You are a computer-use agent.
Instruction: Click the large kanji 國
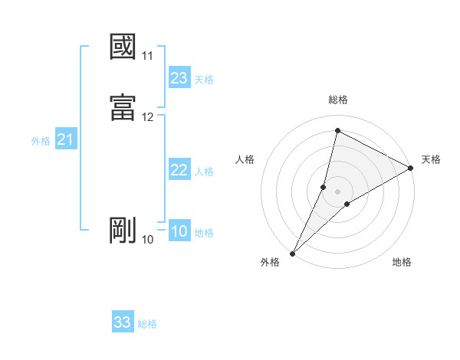click(x=123, y=47)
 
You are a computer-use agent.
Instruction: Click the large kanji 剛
click(x=123, y=230)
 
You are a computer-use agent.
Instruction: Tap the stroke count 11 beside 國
click(x=148, y=56)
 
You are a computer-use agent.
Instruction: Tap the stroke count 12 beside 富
click(x=148, y=117)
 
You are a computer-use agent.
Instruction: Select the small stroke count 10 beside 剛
click(x=148, y=240)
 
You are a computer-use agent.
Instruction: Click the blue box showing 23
click(x=179, y=78)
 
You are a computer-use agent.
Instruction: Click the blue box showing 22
click(x=179, y=170)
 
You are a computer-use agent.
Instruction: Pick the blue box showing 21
click(x=65, y=139)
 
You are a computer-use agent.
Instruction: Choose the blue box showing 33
click(x=123, y=322)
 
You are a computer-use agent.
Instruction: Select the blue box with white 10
click(x=179, y=231)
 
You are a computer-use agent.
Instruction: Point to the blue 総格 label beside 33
click(x=147, y=324)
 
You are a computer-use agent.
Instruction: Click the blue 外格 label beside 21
click(x=41, y=141)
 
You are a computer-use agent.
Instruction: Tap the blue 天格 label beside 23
click(x=204, y=80)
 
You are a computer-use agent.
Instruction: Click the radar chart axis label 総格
click(x=337, y=100)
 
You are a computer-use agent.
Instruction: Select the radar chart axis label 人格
click(x=245, y=159)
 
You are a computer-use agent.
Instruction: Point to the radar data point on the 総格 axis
click(x=337, y=130)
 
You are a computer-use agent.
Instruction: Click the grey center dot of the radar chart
click(x=337, y=191)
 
